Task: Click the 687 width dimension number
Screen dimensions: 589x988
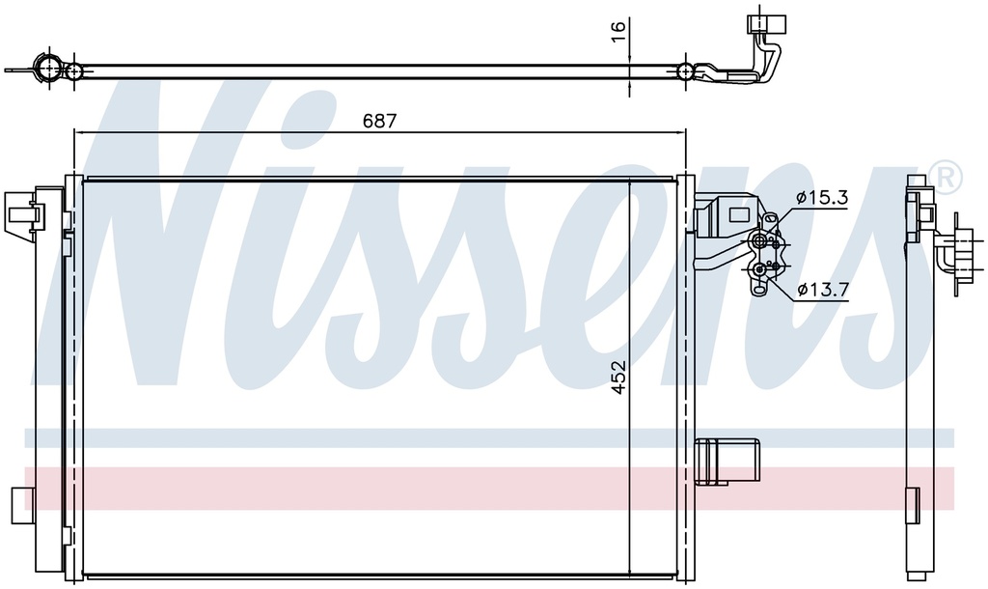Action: pyautogui.click(x=379, y=121)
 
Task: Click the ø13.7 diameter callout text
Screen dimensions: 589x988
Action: pyautogui.click(x=823, y=290)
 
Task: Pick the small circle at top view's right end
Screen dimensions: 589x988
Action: pyautogui.click(x=685, y=71)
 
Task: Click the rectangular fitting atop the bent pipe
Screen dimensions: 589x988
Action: pyautogui.click(x=762, y=23)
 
